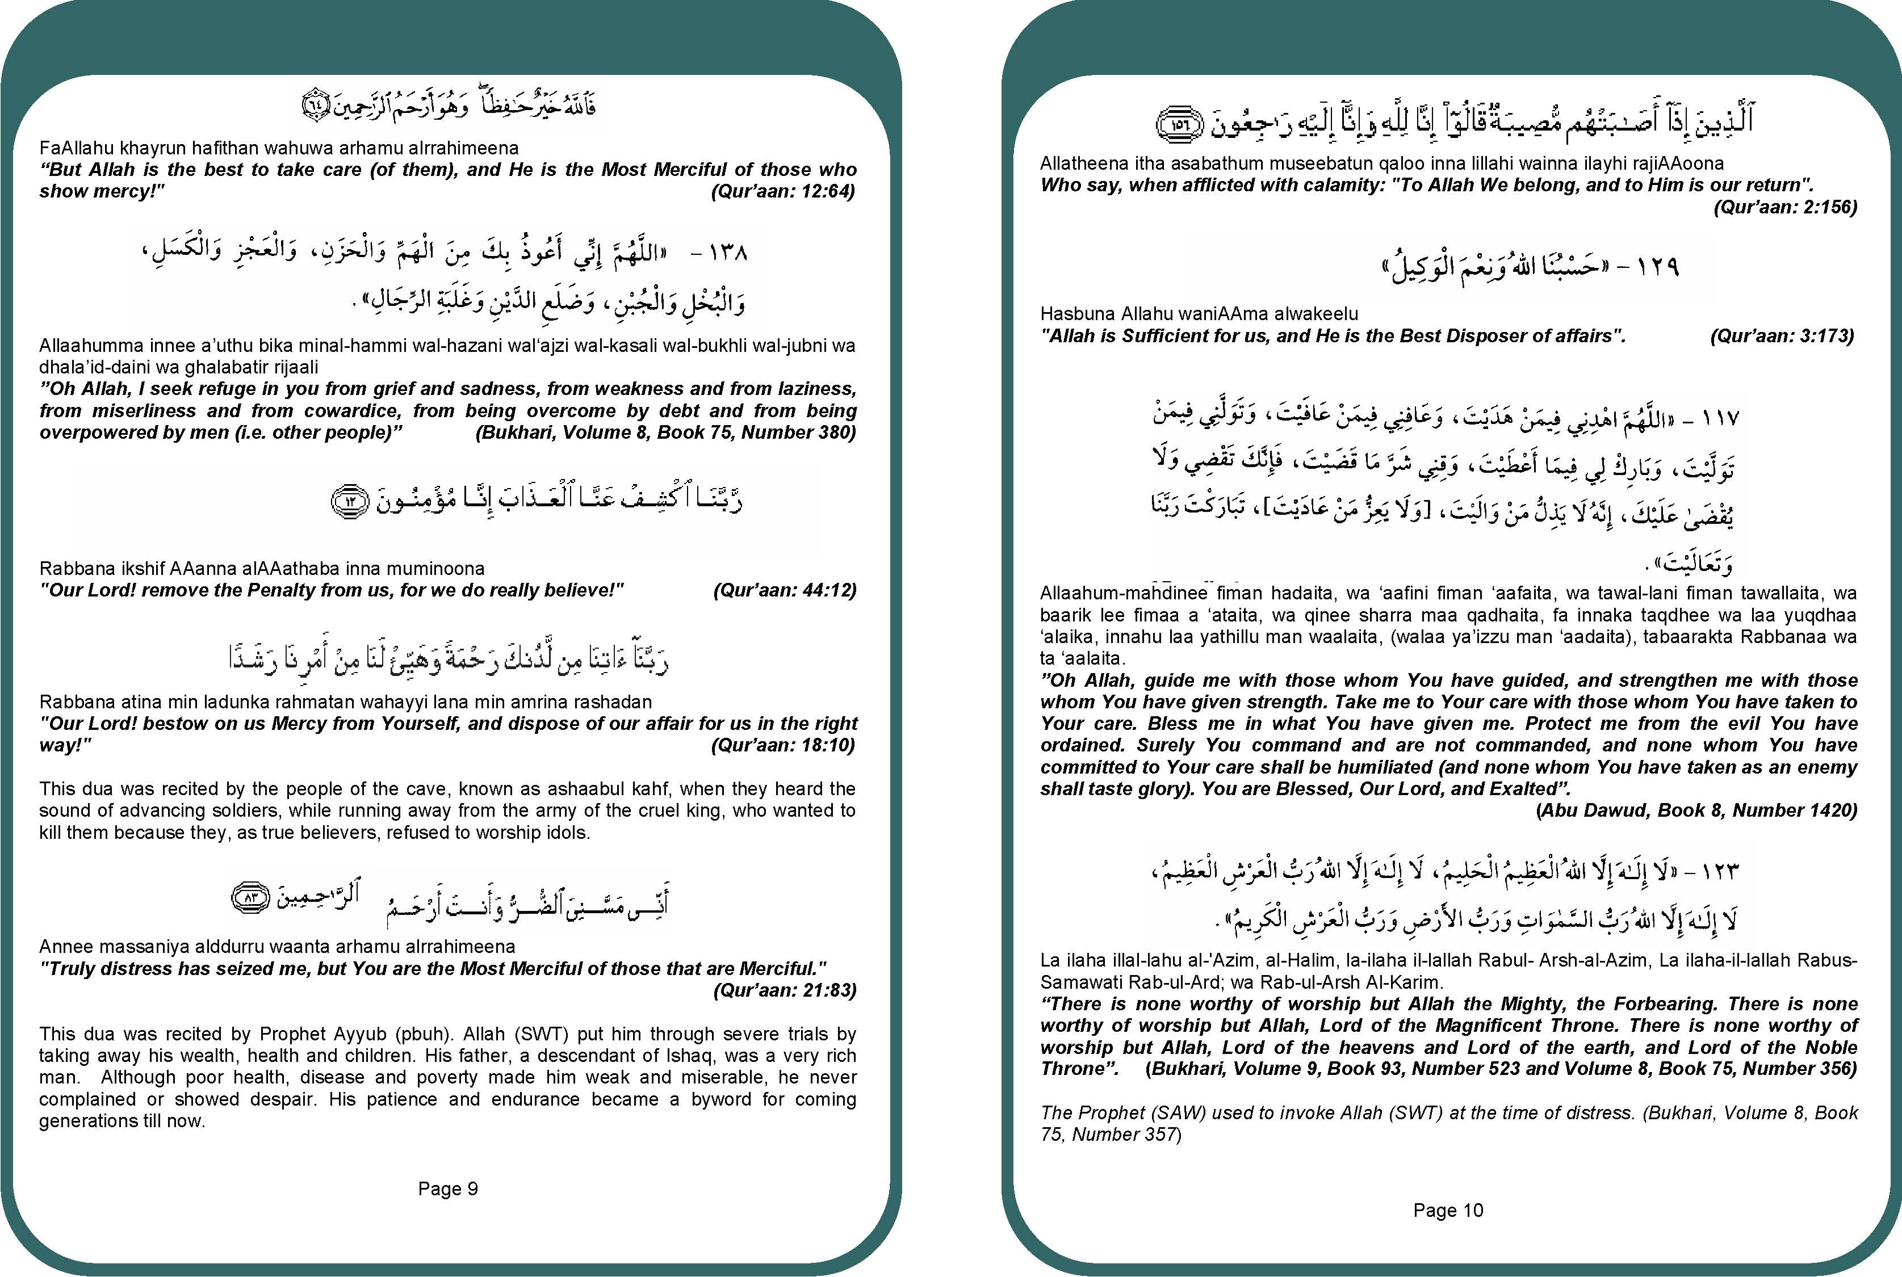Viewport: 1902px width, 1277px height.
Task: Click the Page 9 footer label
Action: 447,1188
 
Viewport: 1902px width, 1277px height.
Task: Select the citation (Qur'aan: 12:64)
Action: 783,191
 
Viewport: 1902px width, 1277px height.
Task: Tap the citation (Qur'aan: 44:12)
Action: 785,590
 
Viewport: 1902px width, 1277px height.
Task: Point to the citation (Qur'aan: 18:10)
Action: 783,745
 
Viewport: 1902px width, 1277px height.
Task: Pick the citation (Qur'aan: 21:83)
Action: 785,990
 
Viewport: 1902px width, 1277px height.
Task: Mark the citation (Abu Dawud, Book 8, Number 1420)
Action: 1696,810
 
